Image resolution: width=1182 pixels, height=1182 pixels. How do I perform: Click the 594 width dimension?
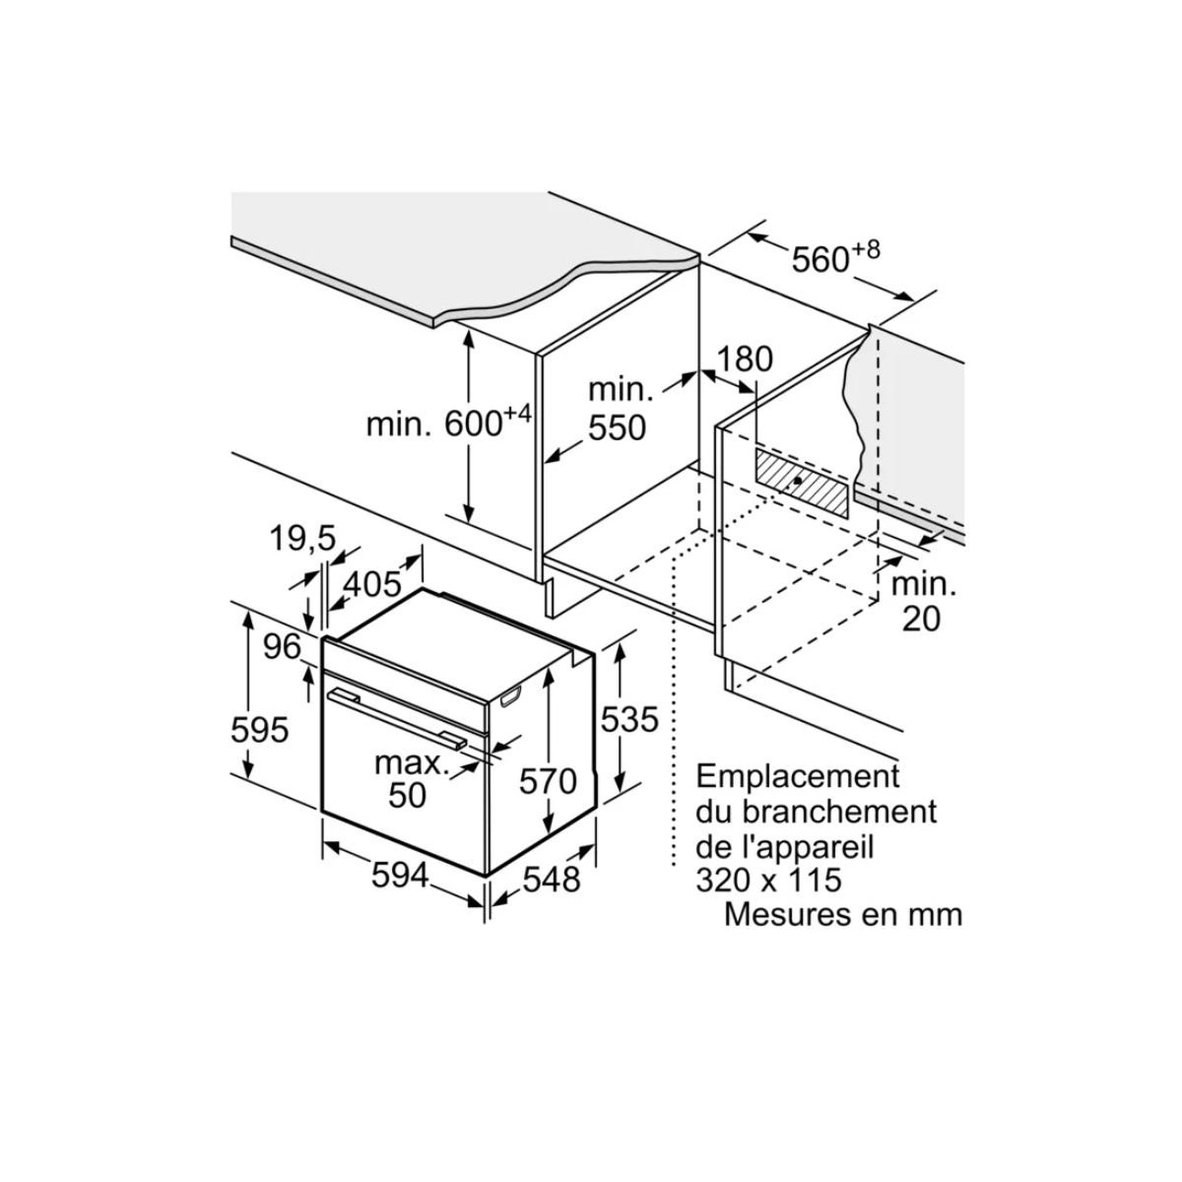pyautogui.click(x=400, y=877)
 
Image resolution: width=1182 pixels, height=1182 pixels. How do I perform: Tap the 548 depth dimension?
pyautogui.click(x=551, y=880)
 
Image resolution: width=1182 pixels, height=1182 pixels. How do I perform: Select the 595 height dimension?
pyautogui.click(x=259, y=730)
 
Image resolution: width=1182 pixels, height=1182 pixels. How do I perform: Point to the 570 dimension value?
pyautogui.click(x=548, y=781)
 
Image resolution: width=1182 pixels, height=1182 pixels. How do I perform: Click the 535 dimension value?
pyautogui.click(x=630, y=719)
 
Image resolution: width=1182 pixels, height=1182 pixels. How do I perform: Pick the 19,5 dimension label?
pyautogui.click(x=303, y=538)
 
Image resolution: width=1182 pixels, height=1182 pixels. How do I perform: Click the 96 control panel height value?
pyautogui.click(x=283, y=646)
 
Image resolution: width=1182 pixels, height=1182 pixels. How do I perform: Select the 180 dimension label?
pyautogui.click(x=745, y=359)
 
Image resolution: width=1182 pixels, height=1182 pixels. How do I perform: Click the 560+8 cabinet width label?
pyautogui.click(x=836, y=256)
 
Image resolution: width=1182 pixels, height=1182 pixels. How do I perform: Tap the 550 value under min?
pyautogui.click(x=618, y=428)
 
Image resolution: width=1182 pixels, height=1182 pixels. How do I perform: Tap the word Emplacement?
pyautogui.click(x=798, y=777)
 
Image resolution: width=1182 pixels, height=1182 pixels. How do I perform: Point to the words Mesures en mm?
pyautogui.click(x=844, y=915)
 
